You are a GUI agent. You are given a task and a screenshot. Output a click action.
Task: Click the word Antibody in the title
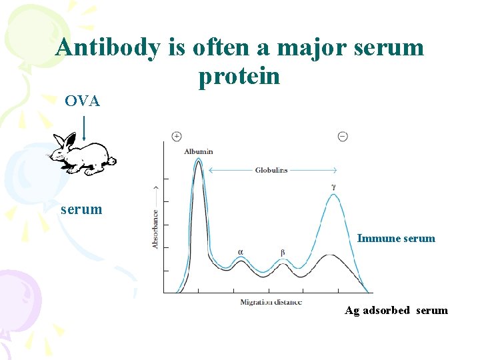(x=108, y=47)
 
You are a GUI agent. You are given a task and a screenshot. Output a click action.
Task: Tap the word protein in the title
(x=239, y=77)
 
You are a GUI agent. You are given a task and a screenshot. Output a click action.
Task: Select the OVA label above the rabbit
(x=82, y=101)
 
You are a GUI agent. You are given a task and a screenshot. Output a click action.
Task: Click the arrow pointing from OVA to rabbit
(x=84, y=128)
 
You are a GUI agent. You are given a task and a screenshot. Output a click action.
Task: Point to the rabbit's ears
(x=65, y=140)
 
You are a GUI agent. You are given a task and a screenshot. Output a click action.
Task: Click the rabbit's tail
(x=112, y=161)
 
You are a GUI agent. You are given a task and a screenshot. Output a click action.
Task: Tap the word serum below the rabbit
(x=81, y=209)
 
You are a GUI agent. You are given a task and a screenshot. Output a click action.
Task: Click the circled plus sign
(x=177, y=136)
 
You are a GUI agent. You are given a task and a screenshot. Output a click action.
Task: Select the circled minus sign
(x=342, y=136)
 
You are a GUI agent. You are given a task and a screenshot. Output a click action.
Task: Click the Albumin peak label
(x=199, y=151)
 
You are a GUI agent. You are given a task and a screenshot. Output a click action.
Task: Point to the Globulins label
(x=271, y=171)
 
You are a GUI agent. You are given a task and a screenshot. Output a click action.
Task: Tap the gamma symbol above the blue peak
(x=333, y=187)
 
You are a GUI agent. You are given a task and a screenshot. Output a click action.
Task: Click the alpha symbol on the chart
(x=241, y=253)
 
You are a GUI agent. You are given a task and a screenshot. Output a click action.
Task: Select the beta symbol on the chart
(x=283, y=253)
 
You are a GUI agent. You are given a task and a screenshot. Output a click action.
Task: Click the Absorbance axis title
(x=155, y=230)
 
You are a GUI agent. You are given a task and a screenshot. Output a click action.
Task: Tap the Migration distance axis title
(x=271, y=302)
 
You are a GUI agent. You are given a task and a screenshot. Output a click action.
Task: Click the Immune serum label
(x=396, y=238)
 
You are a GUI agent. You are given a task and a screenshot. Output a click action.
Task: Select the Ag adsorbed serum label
(x=396, y=310)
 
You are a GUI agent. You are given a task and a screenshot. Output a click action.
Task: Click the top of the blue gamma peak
(x=333, y=195)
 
